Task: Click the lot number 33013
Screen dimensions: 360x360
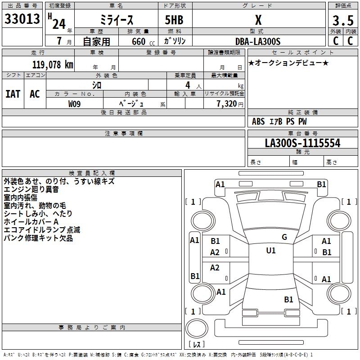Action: [22, 19]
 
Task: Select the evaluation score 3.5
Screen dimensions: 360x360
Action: [342, 21]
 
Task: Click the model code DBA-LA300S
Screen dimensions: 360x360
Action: [257, 41]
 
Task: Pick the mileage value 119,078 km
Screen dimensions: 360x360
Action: [53, 65]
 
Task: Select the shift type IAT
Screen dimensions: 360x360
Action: [13, 94]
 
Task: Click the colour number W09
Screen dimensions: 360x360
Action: [75, 104]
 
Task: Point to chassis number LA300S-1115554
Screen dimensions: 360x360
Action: [302, 143]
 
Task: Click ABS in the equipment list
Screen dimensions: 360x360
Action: [258, 121]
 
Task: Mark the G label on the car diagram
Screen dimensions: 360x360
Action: [284, 237]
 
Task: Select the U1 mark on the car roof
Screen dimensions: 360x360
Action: [270, 251]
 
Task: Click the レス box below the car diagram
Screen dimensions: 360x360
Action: [197, 344]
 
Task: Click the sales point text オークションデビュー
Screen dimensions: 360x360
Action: [288, 63]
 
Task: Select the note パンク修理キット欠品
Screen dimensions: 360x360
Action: [38, 238]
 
